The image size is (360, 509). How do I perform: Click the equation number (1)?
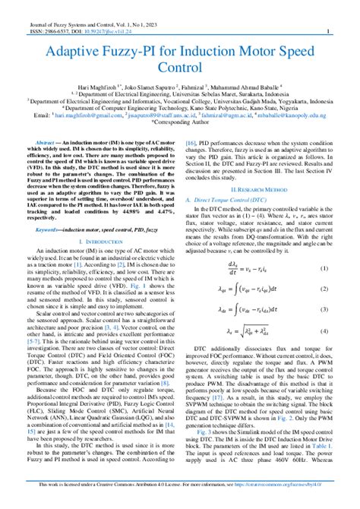[x=323, y=268]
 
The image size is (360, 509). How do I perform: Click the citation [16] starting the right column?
[x=192, y=141]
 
